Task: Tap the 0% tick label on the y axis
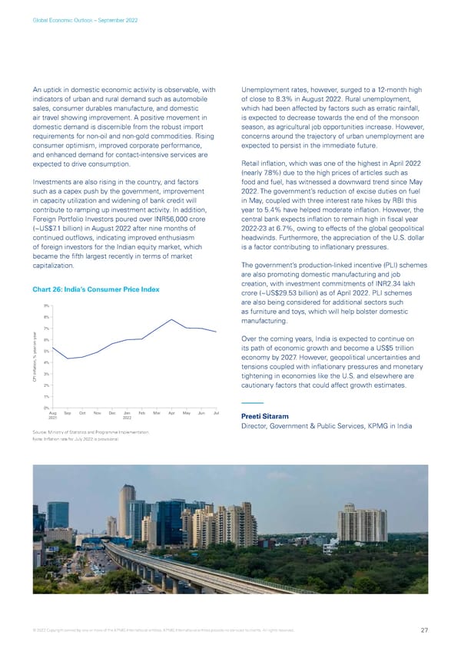(47, 408)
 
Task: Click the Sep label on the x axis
(68, 414)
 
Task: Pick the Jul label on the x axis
(216, 414)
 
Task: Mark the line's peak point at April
(171, 319)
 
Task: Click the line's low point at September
(68, 359)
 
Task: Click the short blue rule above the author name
(252, 403)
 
